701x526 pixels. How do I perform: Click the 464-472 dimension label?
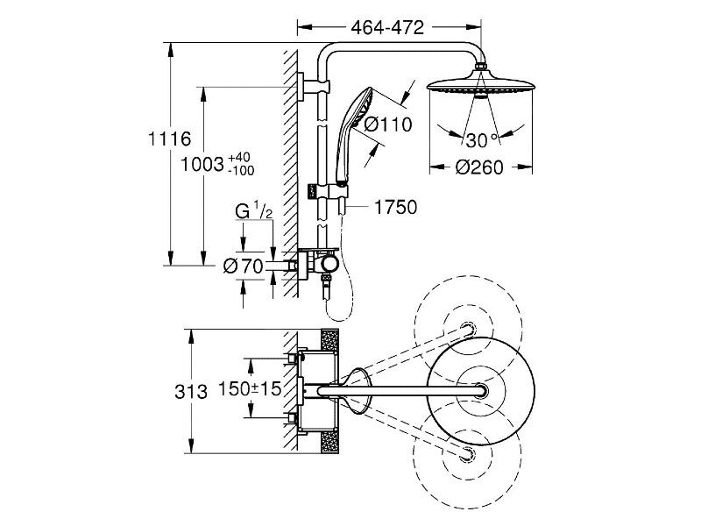[x=387, y=28]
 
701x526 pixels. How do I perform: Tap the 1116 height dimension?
[x=169, y=139]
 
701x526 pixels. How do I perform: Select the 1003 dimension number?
[x=202, y=164]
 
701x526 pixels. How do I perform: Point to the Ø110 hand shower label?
[x=387, y=124]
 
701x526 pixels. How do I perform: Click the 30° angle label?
[x=481, y=140]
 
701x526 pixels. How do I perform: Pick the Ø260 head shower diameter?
[x=479, y=167]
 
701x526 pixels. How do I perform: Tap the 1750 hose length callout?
[x=395, y=207]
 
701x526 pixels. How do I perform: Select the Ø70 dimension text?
[x=244, y=267]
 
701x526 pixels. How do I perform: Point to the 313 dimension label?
[x=191, y=392]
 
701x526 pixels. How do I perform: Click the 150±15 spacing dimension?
[x=250, y=388]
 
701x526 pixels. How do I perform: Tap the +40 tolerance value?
[x=239, y=158]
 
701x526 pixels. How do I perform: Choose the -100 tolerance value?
[x=240, y=170]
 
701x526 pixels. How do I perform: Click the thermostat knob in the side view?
[x=329, y=265]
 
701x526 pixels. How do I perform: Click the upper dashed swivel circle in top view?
[x=468, y=329]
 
